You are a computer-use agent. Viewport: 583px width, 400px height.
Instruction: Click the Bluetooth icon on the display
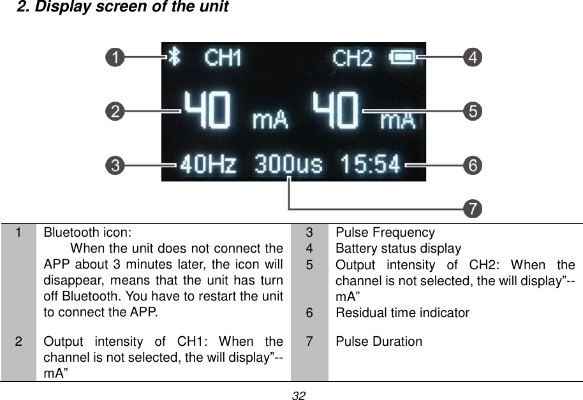click(x=174, y=57)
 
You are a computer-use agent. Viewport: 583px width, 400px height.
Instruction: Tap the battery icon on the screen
click(x=402, y=58)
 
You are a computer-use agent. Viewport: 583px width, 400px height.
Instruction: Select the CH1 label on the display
click(x=223, y=59)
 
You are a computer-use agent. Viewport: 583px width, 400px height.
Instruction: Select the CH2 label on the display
click(x=352, y=59)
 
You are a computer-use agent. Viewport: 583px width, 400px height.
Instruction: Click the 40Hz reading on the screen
click(x=208, y=165)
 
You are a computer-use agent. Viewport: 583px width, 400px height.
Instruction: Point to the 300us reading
click(x=289, y=165)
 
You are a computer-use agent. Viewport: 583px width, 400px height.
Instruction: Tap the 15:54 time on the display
click(x=370, y=165)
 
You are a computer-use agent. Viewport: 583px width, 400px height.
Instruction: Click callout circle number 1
click(x=115, y=58)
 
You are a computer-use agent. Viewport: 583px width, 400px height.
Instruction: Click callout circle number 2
click(x=115, y=112)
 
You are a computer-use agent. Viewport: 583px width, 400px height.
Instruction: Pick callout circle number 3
click(x=115, y=165)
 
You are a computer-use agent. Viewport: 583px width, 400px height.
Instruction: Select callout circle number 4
click(x=473, y=58)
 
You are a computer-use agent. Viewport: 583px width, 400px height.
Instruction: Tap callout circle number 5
click(x=473, y=112)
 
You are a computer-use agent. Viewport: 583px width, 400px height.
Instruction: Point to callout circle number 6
click(x=473, y=165)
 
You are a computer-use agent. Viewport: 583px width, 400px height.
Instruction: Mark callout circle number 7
click(x=473, y=208)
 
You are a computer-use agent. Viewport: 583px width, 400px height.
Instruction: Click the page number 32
click(x=298, y=396)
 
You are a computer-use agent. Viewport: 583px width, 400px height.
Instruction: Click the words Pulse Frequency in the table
click(x=385, y=233)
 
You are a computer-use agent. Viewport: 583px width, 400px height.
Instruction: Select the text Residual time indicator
click(x=402, y=313)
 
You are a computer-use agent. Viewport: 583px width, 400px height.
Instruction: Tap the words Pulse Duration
click(x=378, y=341)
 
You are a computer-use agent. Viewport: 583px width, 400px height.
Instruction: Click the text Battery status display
click(x=398, y=249)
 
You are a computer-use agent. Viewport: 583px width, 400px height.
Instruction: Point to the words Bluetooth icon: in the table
click(x=88, y=233)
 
